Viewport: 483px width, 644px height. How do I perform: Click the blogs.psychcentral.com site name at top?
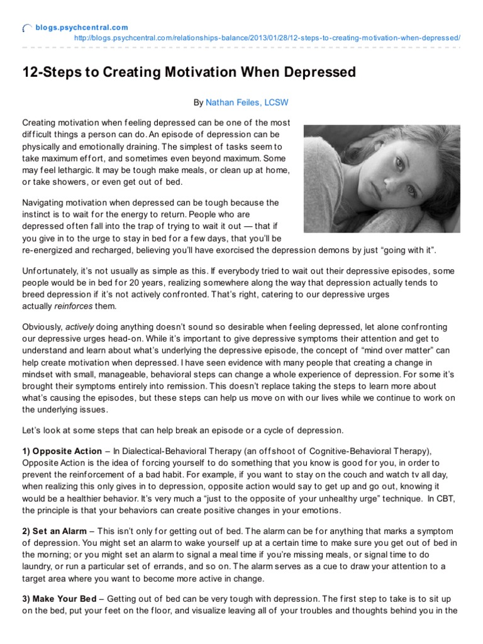[x=82, y=27]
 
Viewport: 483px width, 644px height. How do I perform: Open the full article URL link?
[x=267, y=38]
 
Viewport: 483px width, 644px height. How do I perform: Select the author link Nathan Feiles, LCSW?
[x=247, y=102]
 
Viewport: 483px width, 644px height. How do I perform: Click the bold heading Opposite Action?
[x=66, y=451]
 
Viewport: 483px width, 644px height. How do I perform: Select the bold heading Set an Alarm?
[x=60, y=531]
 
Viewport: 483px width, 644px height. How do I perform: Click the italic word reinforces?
[x=73, y=306]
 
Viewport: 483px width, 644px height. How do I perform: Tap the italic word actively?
[x=79, y=326]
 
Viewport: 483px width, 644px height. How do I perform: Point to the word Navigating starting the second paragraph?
[x=45, y=203]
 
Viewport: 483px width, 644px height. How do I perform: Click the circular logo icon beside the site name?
[x=27, y=28]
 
